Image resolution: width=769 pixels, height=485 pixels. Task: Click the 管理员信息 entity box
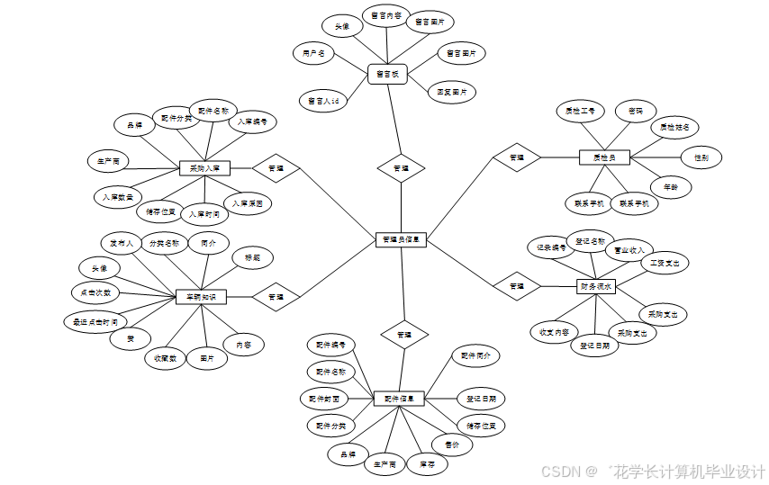401,239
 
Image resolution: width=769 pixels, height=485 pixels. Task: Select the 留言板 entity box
387,74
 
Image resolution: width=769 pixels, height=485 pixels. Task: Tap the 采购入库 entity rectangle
205,167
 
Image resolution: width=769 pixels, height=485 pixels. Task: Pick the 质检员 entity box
603,157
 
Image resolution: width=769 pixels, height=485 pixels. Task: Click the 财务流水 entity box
596,286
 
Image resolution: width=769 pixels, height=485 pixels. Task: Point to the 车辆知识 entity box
201,296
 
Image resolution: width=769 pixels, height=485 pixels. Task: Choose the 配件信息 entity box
399,398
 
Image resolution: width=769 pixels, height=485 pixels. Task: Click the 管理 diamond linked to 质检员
517,157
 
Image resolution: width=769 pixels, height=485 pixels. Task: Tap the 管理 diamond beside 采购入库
276,167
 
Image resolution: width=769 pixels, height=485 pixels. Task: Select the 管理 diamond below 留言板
401,167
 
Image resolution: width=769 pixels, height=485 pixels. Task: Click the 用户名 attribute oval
313,54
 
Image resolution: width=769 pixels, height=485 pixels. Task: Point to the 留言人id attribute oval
322,101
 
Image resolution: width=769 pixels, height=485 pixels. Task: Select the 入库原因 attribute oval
247,204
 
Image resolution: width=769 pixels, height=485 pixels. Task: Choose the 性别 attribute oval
701,157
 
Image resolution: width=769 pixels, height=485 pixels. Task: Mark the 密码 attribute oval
636,111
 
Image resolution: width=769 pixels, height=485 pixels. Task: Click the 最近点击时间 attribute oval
94,321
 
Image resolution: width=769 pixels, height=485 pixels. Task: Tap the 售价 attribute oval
452,443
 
